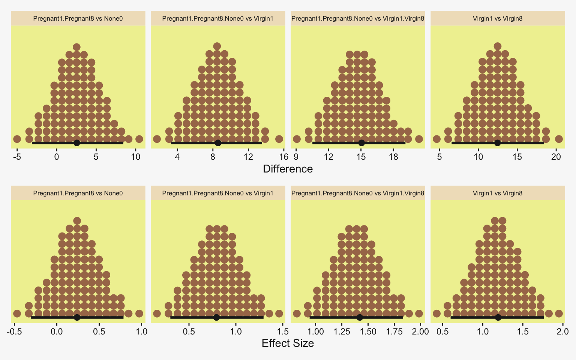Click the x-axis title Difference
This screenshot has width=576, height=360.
click(288, 169)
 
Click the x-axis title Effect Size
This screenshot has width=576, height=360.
click(288, 343)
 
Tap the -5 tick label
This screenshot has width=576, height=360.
click(17, 157)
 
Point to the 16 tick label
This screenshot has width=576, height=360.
click(283, 157)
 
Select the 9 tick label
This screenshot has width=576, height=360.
click(296, 157)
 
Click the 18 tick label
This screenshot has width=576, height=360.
click(393, 157)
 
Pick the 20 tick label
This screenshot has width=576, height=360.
click(556, 157)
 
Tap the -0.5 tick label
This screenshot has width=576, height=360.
click(14, 331)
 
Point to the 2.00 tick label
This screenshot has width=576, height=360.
click(420, 331)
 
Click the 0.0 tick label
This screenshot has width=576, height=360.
click(57, 331)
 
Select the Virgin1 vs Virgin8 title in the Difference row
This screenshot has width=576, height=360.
click(498, 18)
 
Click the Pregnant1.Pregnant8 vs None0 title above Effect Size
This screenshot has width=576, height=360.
click(78, 193)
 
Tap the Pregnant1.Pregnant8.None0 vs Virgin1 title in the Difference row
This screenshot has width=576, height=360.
click(218, 18)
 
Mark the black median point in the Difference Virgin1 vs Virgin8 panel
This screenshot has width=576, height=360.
click(497, 143)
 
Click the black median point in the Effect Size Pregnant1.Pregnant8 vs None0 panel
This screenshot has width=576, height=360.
click(77, 317)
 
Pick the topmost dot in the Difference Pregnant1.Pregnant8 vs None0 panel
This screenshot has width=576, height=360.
click(76, 47)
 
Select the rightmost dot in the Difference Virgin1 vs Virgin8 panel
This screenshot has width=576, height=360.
click(559, 139)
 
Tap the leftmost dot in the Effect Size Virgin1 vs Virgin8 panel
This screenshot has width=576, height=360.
click(436, 313)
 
